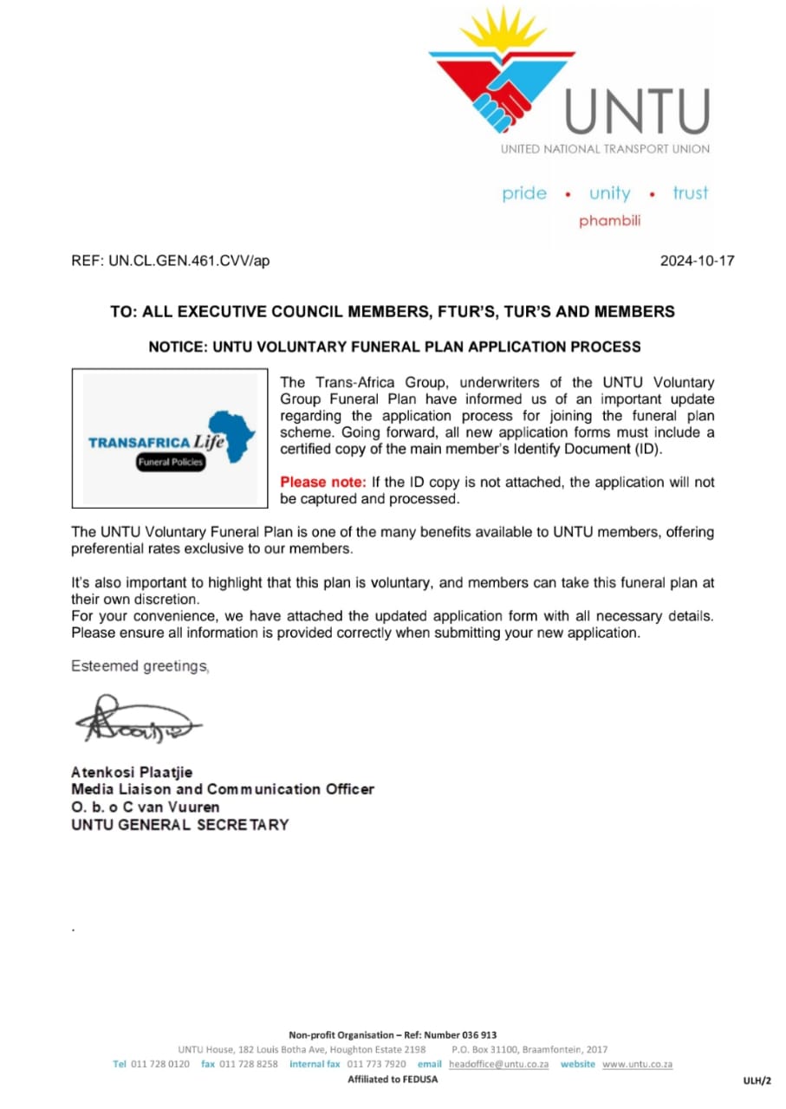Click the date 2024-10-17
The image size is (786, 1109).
click(697, 260)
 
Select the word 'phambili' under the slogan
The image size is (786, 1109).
click(610, 221)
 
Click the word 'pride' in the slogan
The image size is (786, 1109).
click(524, 193)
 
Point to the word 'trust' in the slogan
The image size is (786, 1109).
click(690, 193)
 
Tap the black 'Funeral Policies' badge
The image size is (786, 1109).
click(171, 463)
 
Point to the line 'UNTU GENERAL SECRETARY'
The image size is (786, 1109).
click(179, 825)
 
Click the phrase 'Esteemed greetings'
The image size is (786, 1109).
click(140, 666)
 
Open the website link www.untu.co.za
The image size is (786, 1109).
click(637, 1064)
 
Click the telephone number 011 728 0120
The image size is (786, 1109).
click(160, 1064)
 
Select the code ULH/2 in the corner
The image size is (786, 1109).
click(757, 1080)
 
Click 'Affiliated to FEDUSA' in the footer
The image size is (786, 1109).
click(393, 1080)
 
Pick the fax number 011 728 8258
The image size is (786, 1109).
click(249, 1064)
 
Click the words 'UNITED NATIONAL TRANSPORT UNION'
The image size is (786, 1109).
click(605, 149)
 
